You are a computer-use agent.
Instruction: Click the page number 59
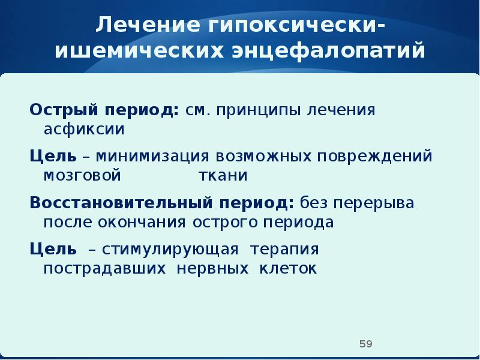365,344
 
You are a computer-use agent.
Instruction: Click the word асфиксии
83,128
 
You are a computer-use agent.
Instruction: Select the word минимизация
150,157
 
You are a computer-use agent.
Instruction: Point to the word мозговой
82,175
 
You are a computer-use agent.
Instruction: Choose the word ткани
223,175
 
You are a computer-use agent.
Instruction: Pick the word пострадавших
104,268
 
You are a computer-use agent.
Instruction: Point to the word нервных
212,268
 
